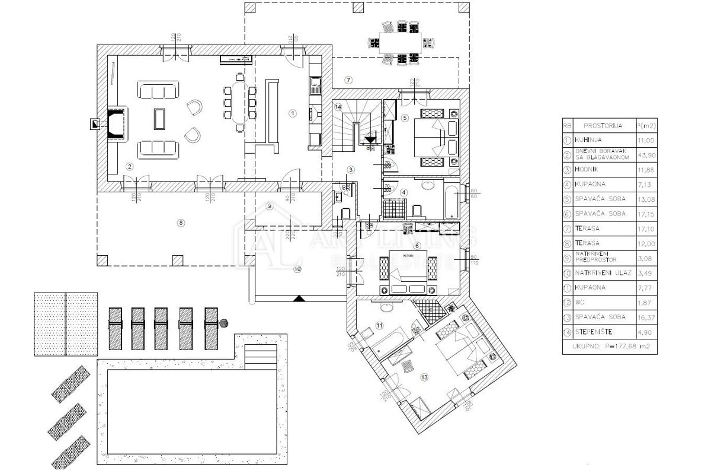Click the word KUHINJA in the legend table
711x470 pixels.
(x=588, y=141)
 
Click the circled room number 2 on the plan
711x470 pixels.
(x=129, y=166)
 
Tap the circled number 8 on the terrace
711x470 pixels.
(x=181, y=223)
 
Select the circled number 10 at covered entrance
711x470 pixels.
(x=297, y=269)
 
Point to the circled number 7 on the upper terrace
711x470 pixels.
(x=348, y=80)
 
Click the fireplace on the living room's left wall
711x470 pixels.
(x=116, y=123)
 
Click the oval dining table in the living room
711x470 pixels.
(x=239, y=102)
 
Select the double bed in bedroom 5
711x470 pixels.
(x=437, y=136)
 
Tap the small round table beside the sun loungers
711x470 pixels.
(x=223, y=323)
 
